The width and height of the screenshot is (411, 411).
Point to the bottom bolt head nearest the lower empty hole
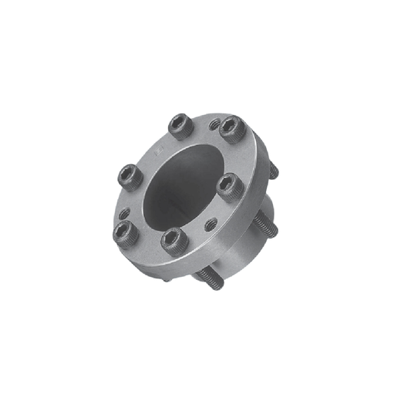[175, 240]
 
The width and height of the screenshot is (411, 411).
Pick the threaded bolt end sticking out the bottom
[210, 280]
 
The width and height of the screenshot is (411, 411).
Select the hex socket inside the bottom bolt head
[175, 238]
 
